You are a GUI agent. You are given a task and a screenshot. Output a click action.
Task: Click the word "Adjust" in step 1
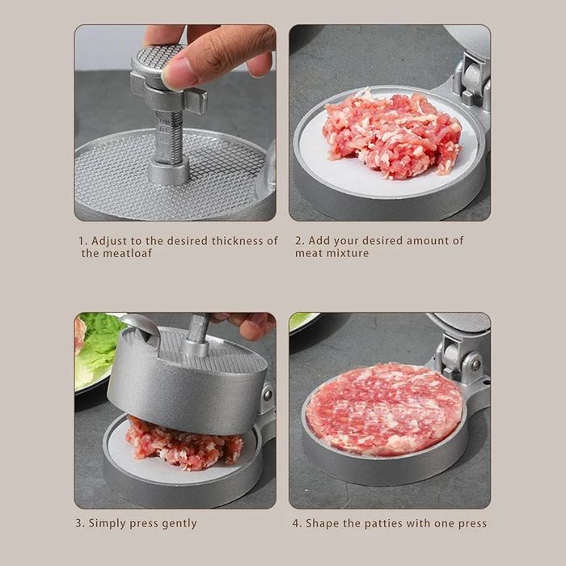pyautogui.click(x=110, y=241)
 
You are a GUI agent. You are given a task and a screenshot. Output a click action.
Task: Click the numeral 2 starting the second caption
pyautogui.click(x=298, y=241)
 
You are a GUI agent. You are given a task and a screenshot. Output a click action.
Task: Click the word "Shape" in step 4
pyautogui.click(x=323, y=523)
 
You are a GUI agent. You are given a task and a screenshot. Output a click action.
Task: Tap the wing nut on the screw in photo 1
pyautogui.click(x=169, y=93)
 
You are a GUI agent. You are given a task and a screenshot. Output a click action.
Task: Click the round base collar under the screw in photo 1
pyautogui.click(x=169, y=172)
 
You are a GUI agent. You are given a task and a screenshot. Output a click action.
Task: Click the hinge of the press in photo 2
pyautogui.click(x=472, y=81)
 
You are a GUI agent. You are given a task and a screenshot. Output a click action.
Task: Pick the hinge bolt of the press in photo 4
pyautogui.click(x=475, y=365)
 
